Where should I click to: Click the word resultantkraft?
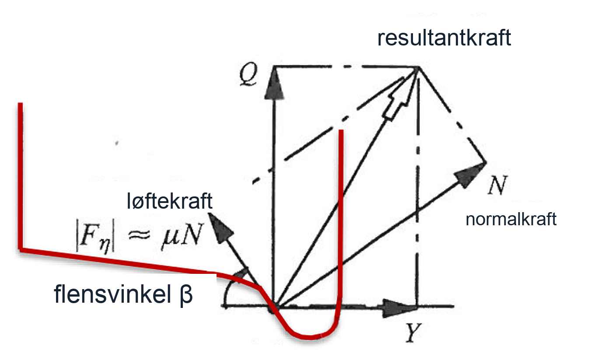click(444, 38)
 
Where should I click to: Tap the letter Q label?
click(248, 74)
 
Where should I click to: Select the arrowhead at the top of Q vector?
click(274, 84)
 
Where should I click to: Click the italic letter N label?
click(497, 185)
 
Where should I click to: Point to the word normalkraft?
click(511, 219)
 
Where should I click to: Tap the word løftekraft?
click(169, 201)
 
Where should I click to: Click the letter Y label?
click(413, 333)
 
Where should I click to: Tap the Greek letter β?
click(186, 295)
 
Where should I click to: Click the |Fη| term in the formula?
click(95, 235)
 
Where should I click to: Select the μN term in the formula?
click(182, 234)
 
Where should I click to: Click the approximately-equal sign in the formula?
click(139, 234)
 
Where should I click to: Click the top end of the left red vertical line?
click(20, 103)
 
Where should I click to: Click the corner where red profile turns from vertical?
click(20, 249)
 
